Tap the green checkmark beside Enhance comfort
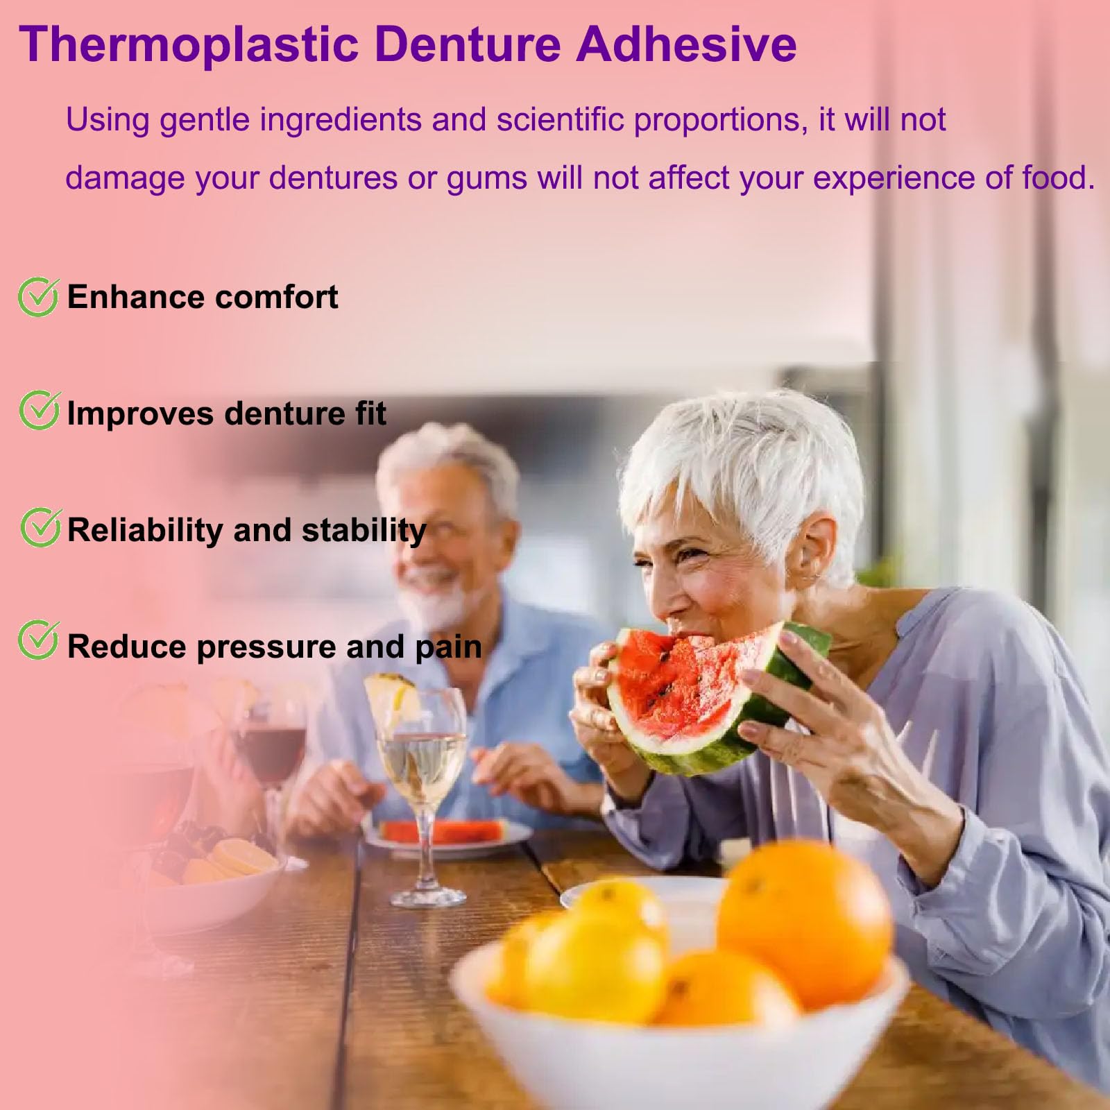(37, 297)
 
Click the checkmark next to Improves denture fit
(39, 410)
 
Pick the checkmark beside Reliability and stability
(40, 527)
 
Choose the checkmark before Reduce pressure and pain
(37, 640)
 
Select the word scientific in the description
(561, 120)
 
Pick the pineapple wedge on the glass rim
(392, 701)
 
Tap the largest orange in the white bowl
(805, 923)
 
